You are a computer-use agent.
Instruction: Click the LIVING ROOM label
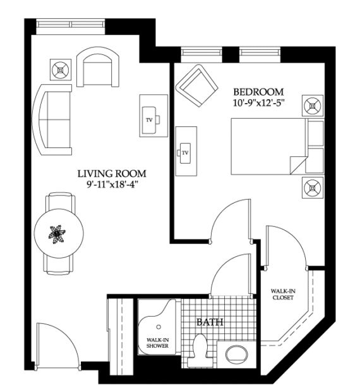coord(112,173)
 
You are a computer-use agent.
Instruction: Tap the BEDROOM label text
coord(258,92)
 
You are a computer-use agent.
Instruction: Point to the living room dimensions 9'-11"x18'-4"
coord(112,185)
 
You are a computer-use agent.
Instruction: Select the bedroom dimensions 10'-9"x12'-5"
coord(259,103)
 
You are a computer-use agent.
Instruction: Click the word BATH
coord(210,322)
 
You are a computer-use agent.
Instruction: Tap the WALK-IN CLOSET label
coord(283,294)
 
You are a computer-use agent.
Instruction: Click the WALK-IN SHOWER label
coord(157,343)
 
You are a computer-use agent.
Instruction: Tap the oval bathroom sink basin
coord(236,355)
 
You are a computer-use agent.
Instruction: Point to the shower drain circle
coord(159,327)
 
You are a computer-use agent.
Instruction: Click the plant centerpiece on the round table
coord(57,234)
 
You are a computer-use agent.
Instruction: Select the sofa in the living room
coord(52,119)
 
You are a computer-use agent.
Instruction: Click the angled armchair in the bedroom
coord(196,85)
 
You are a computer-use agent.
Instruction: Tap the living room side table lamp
coord(61,70)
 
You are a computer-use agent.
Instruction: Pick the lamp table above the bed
coord(313,106)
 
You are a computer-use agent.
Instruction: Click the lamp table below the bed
coord(313,188)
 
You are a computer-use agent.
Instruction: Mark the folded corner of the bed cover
coord(298,165)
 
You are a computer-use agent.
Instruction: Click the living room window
coord(70,24)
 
